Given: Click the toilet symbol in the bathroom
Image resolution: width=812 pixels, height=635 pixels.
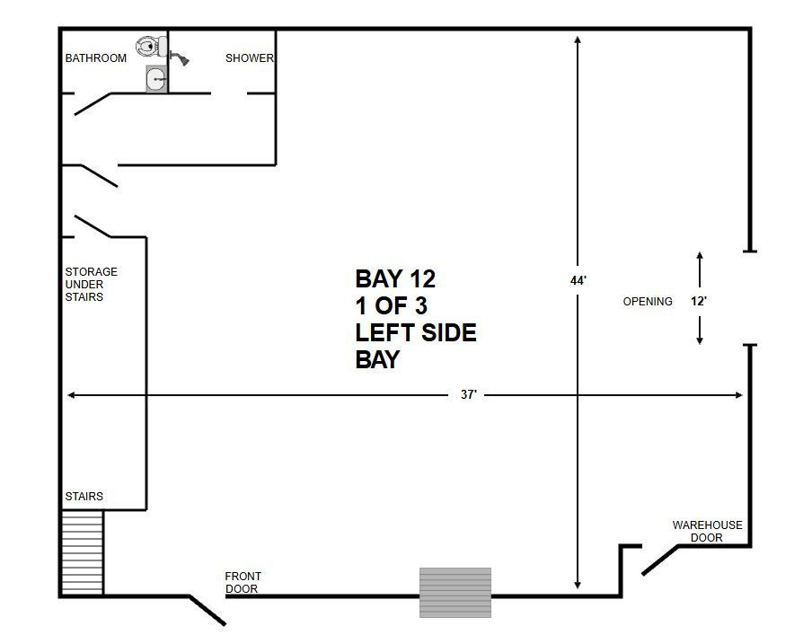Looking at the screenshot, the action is pos(152,47).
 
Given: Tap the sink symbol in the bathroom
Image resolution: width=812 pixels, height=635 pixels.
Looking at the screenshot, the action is pos(156,79).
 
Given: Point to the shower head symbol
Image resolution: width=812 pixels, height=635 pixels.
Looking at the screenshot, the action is pos(180,57).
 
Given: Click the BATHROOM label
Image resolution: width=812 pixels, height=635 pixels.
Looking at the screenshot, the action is pos(96,58).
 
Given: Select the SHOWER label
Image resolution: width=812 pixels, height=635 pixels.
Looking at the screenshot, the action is pos(249,58).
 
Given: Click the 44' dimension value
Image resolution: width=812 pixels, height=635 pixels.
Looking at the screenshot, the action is pos(578,281).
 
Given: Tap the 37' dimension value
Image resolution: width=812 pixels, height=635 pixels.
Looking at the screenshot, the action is pos(469,394).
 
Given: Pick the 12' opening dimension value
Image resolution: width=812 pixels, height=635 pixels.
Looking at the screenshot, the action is pos(699,301).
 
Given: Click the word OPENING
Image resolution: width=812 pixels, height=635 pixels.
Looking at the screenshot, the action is pos(648,302).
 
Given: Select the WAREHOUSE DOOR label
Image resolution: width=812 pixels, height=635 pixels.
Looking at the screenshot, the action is pos(708,532).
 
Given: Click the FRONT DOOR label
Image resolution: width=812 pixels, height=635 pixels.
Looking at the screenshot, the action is pos(243,583).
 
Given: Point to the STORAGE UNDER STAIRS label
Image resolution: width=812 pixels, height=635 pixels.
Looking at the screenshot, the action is pos(91,285).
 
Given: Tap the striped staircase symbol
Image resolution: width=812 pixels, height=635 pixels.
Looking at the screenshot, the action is pos(83,552).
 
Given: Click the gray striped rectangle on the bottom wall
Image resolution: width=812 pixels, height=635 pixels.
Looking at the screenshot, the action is pos(455,593).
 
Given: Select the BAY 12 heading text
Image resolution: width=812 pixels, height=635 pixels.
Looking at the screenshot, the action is pos(395,279).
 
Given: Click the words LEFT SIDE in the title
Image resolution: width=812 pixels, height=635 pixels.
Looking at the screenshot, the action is pos(416,332).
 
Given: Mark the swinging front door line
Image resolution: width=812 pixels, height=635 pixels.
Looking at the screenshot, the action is pos(207,611).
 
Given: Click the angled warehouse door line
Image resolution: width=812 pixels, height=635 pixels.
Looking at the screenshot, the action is pos(659,560).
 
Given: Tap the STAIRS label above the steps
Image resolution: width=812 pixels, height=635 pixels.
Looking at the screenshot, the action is pos(84,496).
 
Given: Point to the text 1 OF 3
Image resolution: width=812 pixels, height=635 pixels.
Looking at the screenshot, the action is pos(392,306).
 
